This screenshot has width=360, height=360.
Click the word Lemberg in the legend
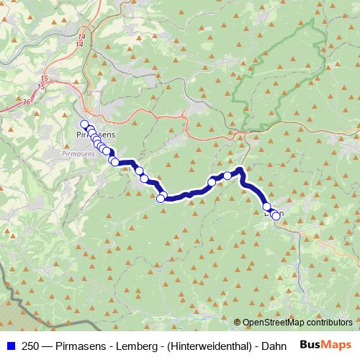128,344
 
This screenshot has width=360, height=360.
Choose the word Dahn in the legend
267,344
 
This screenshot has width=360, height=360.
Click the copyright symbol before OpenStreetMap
238,322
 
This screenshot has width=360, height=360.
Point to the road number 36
27,102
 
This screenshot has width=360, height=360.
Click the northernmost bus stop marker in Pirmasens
84,124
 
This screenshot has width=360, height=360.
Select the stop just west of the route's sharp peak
228,176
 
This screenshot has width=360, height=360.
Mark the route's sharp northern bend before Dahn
240,170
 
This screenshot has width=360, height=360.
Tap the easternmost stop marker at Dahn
276,216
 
